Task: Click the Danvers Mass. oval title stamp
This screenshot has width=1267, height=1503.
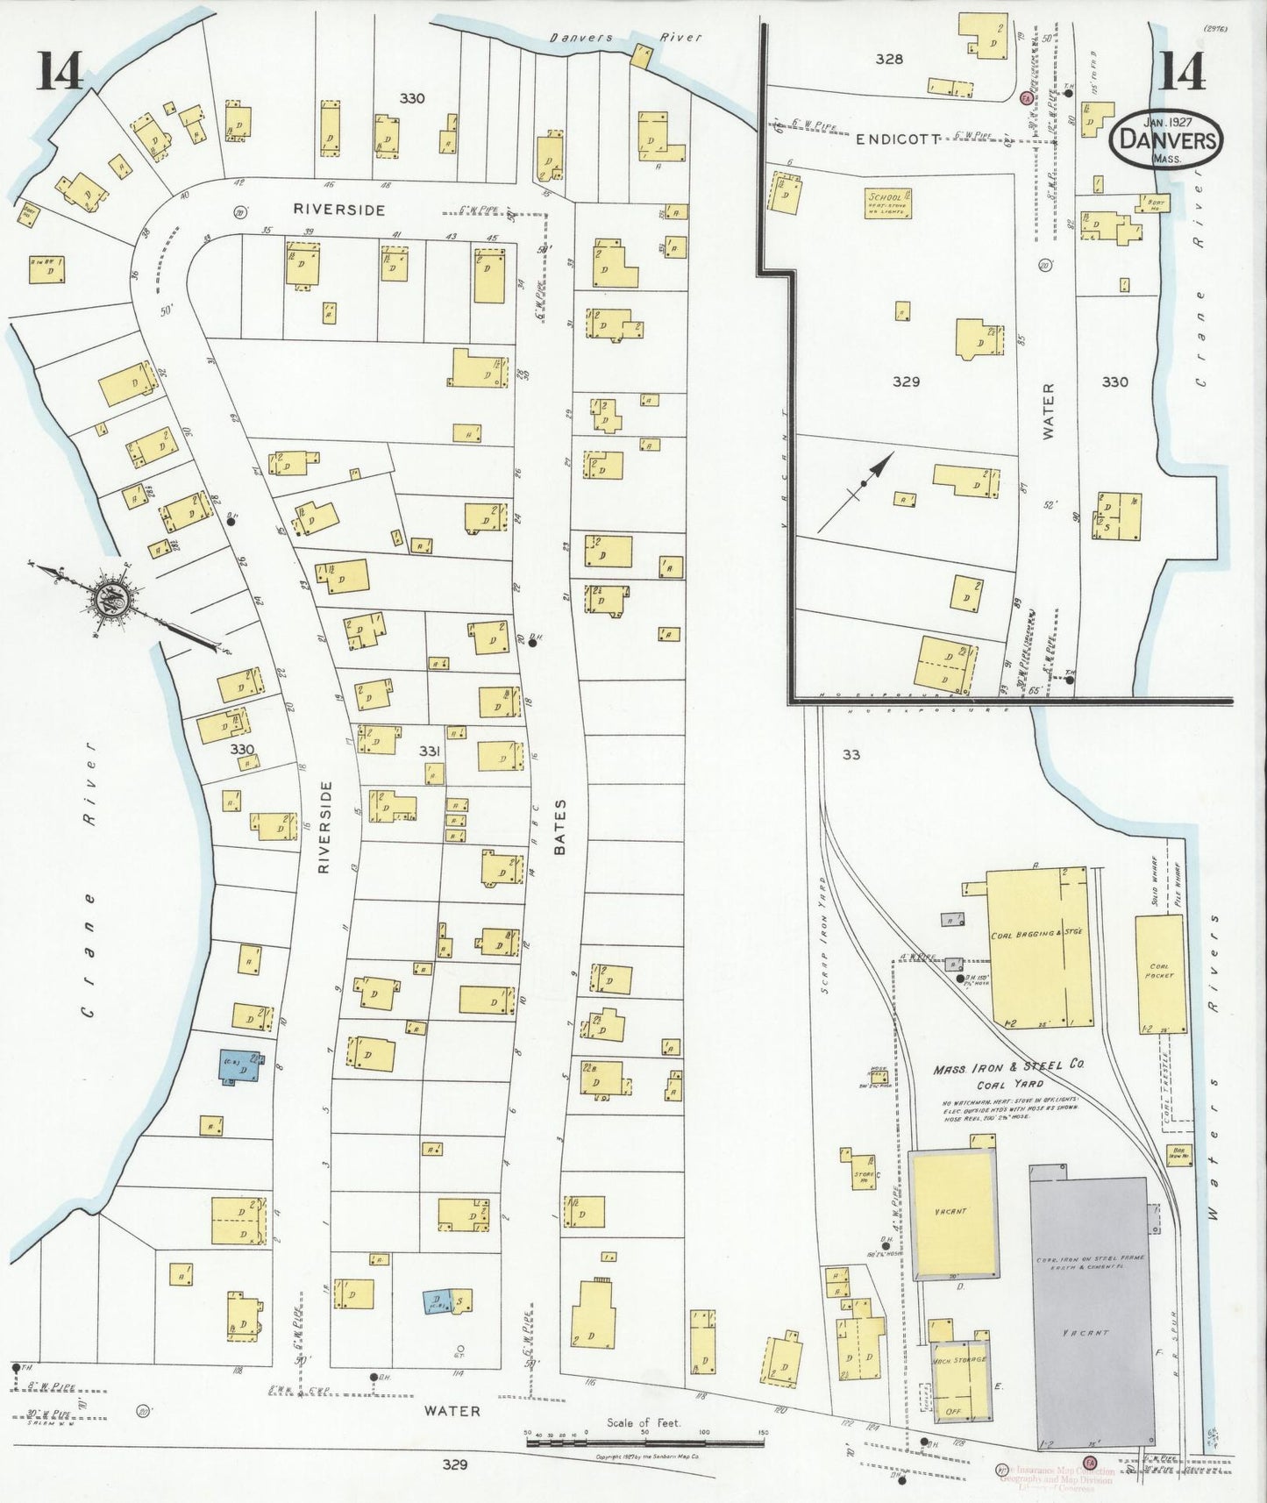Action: click(1165, 141)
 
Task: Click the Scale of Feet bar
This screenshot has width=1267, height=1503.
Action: click(644, 1439)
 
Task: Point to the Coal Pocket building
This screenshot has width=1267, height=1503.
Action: click(1159, 973)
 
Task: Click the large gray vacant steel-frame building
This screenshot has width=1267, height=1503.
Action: click(1089, 1315)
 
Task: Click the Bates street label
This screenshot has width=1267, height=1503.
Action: click(560, 827)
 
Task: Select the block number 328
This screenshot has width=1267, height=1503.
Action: click(888, 60)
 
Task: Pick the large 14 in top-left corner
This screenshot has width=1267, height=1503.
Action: click(59, 71)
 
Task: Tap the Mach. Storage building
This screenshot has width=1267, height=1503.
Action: click(962, 1385)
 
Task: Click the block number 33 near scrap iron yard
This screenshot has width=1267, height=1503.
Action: click(851, 754)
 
